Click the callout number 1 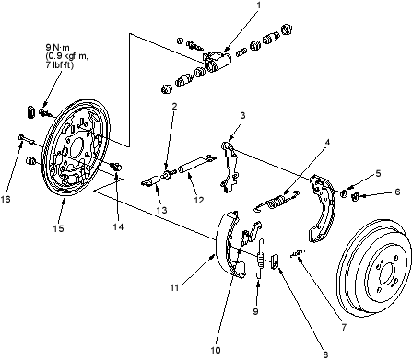click(259, 6)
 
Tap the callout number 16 click(6, 199)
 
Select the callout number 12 click(199, 200)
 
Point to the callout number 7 click(344, 327)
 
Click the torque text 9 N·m click(58, 47)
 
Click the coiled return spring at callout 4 click(277, 203)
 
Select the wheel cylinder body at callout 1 click(217, 61)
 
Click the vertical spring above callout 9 click(261, 259)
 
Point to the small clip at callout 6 click(356, 196)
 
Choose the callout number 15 click(58, 228)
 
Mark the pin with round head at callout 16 click(28, 139)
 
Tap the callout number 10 click(216, 350)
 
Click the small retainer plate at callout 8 click(275, 261)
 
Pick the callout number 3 click(242, 116)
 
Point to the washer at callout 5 click(345, 193)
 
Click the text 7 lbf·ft click(60, 65)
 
